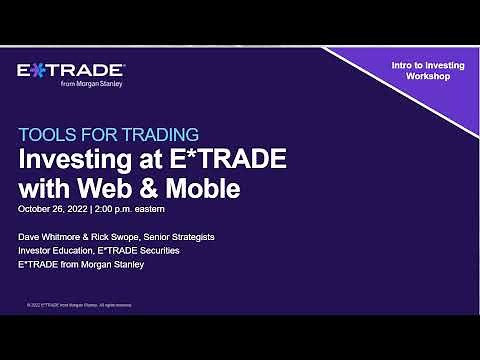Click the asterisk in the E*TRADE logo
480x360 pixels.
(39, 70)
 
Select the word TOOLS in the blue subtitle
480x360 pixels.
(47, 134)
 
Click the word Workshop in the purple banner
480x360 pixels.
(428, 76)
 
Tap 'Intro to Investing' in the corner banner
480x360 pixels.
(428, 63)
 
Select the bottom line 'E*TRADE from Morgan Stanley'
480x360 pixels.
(81, 264)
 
